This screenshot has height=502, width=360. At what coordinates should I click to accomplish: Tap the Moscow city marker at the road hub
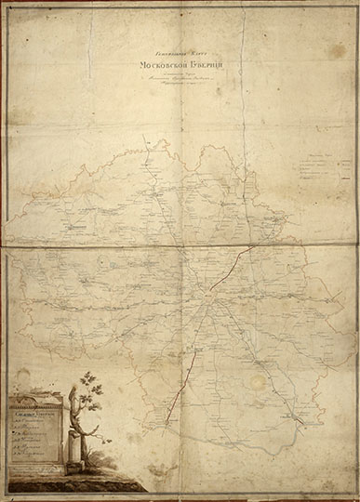click(209, 299)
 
